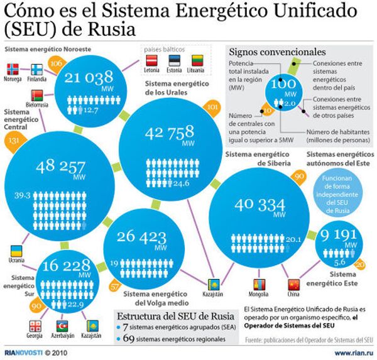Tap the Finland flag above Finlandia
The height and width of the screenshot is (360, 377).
[36, 68]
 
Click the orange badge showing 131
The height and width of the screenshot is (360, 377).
[14, 141]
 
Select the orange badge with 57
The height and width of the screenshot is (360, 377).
[114, 286]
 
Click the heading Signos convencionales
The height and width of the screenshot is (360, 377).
[277, 52]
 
